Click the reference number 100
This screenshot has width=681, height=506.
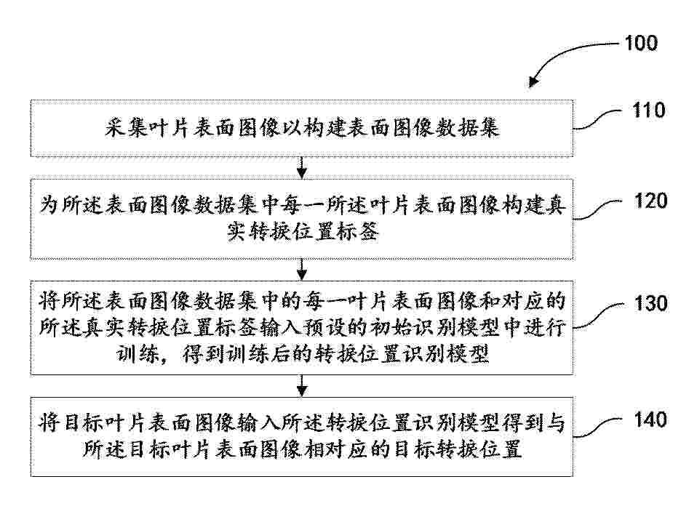[x=641, y=43]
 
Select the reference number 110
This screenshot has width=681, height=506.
[x=648, y=111]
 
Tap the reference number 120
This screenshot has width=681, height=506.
[x=650, y=201]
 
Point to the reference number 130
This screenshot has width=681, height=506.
[x=650, y=303]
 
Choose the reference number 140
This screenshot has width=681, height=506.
[x=650, y=419]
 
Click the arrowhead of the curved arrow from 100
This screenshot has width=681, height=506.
[x=533, y=81]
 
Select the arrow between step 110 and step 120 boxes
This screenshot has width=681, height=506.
[x=302, y=167]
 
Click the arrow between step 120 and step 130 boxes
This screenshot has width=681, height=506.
[x=302, y=270]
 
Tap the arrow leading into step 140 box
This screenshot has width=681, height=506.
[x=302, y=385]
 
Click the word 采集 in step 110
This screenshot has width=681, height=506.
[x=127, y=129]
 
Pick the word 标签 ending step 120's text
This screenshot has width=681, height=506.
[x=357, y=231]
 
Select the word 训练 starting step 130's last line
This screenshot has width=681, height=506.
[x=138, y=353]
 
